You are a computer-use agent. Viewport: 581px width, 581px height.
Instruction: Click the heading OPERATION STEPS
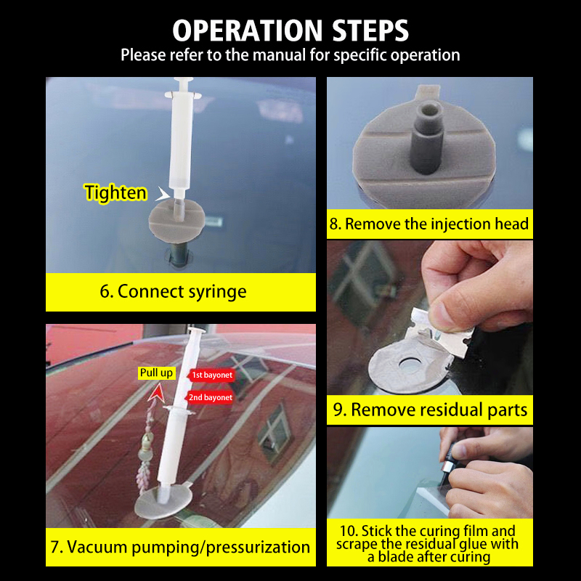[x=290, y=31]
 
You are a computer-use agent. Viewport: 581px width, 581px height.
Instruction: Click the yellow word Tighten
[x=115, y=192]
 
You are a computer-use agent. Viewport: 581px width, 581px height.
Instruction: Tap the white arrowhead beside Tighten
[x=162, y=193]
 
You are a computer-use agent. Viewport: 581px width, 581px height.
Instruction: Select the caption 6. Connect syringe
[x=173, y=291]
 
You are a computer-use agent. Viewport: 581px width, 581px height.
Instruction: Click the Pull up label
[x=156, y=373]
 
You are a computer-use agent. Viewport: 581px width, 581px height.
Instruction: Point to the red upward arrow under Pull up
[x=157, y=393]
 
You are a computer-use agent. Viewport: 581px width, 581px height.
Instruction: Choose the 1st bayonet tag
[x=211, y=375]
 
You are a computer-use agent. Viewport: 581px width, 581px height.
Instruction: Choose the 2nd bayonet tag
[x=210, y=397]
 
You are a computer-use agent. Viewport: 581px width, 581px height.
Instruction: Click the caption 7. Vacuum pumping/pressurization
[x=180, y=548]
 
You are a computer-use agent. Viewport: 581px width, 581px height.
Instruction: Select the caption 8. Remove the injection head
[x=429, y=224]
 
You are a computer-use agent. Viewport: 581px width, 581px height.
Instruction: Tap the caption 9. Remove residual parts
[x=430, y=410]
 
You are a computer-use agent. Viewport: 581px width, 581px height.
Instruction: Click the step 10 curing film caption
[x=428, y=544]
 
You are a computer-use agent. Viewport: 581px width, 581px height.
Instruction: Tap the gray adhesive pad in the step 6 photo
[x=176, y=221]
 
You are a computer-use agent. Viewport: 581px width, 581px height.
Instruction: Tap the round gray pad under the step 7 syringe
[x=163, y=502]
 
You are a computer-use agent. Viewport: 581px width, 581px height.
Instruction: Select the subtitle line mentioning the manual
[x=290, y=55]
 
